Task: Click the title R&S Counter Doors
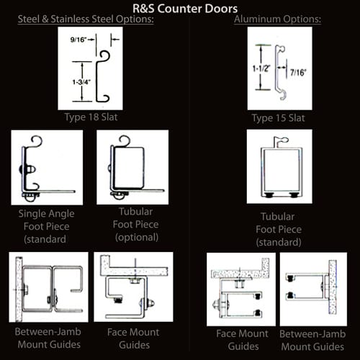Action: pyautogui.click(x=185, y=9)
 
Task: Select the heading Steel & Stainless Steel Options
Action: pyautogui.click(x=86, y=19)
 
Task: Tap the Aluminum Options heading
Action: pyautogui.click(x=277, y=19)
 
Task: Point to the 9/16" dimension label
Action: pyautogui.click(x=78, y=40)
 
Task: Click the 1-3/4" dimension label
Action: pyautogui.click(x=81, y=82)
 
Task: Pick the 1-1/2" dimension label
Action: pyautogui.click(x=261, y=68)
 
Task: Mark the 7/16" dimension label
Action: pyautogui.click(x=298, y=72)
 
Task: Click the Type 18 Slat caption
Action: pyautogui.click(x=91, y=117)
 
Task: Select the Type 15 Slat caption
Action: pyautogui.click(x=279, y=118)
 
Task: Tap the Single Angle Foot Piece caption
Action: pyautogui.click(x=46, y=226)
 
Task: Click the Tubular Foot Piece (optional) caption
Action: pyautogui.click(x=136, y=225)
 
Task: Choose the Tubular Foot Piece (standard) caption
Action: pyautogui.click(x=279, y=229)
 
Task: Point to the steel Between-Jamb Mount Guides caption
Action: pyautogui.click(x=48, y=338)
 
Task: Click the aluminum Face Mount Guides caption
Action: pyautogui.click(x=243, y=340)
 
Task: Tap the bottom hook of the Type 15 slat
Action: pyautogui.click(x=283, y=95)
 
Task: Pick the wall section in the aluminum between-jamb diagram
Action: pyautogui.click(x=333, y=287)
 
